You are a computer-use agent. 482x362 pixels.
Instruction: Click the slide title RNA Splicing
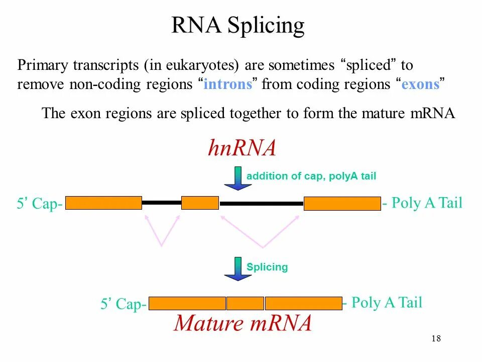click(238, 26)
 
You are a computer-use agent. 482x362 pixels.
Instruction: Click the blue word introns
click(227, 84)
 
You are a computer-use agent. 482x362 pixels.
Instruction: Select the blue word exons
click(421, 84)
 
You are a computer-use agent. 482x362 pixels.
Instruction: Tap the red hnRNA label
click(242, 148)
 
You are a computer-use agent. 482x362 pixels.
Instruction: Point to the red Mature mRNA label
click(243, 323)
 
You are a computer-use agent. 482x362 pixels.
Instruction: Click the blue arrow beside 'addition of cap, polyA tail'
click(237, 179)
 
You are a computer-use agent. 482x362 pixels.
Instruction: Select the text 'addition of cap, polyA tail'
click(311, 176)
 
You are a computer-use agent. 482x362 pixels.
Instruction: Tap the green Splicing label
click(267, 267)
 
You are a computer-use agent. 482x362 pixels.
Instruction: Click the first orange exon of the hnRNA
click(104, 203)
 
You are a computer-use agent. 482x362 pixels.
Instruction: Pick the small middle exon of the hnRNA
click(200, 203)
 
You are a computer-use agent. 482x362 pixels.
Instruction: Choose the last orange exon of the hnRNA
click(342, 204)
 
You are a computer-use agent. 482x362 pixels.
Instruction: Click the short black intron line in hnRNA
click(162, 203)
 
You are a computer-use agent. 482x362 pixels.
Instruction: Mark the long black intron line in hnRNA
click(262, 204)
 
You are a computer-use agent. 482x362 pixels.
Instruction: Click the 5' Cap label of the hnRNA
click(40, 204)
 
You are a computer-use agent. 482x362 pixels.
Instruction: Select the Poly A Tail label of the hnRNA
click(422, 203)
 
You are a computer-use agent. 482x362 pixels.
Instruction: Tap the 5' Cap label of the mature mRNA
click(124, 304)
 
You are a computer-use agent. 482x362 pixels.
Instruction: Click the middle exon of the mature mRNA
click(245, 303)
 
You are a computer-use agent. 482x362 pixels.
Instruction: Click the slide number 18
click(436, 338)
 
